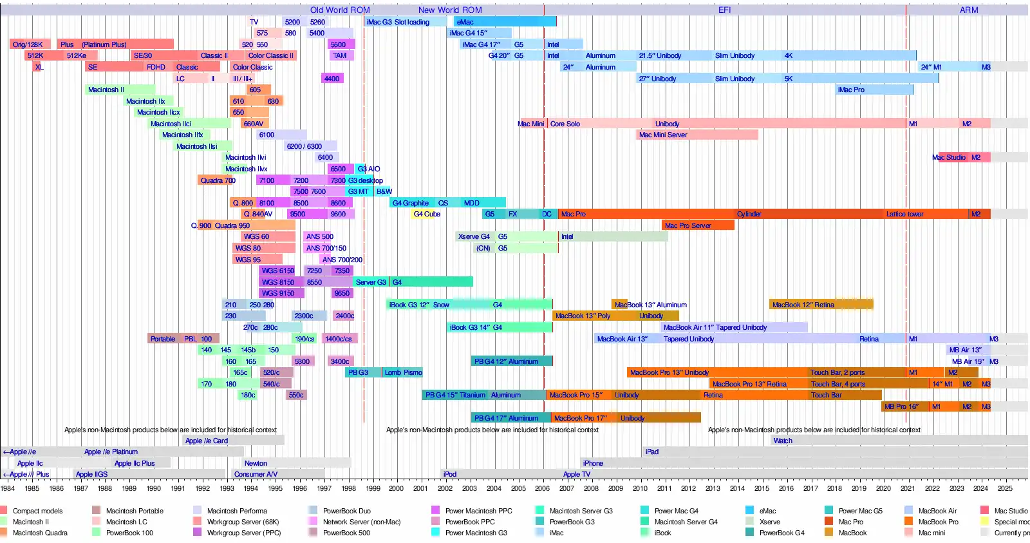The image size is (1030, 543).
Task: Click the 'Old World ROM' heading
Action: [340, 10]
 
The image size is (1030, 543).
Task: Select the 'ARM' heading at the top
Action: [968, 10]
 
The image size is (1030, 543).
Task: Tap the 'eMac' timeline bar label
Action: [465, 22]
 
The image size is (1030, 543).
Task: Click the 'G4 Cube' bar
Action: [427, 214]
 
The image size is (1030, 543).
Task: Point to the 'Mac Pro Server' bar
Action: [688, 225]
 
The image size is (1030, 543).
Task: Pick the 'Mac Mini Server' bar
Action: [663, 135]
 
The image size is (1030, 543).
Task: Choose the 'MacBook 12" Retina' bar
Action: [803, 305]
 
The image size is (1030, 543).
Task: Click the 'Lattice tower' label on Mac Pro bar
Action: [904, 214]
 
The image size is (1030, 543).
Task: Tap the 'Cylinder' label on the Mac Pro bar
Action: [749, 214]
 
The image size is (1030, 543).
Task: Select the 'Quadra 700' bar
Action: [218, 180]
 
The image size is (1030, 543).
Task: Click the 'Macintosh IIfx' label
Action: [182, 135]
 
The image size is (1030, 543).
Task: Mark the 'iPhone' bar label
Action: [593, 463]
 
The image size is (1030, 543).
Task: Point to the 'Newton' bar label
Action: [256, 463]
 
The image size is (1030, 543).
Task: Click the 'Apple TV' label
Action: [576, 474]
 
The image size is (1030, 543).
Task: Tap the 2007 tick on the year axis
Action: [566, 488]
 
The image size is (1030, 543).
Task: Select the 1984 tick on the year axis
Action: [8, 488]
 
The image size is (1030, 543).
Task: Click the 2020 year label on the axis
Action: [883, 488]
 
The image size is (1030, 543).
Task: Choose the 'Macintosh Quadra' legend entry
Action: [40, 533]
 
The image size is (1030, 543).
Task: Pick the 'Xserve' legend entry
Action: [769, 522]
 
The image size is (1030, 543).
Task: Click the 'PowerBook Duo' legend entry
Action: [346, 511]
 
